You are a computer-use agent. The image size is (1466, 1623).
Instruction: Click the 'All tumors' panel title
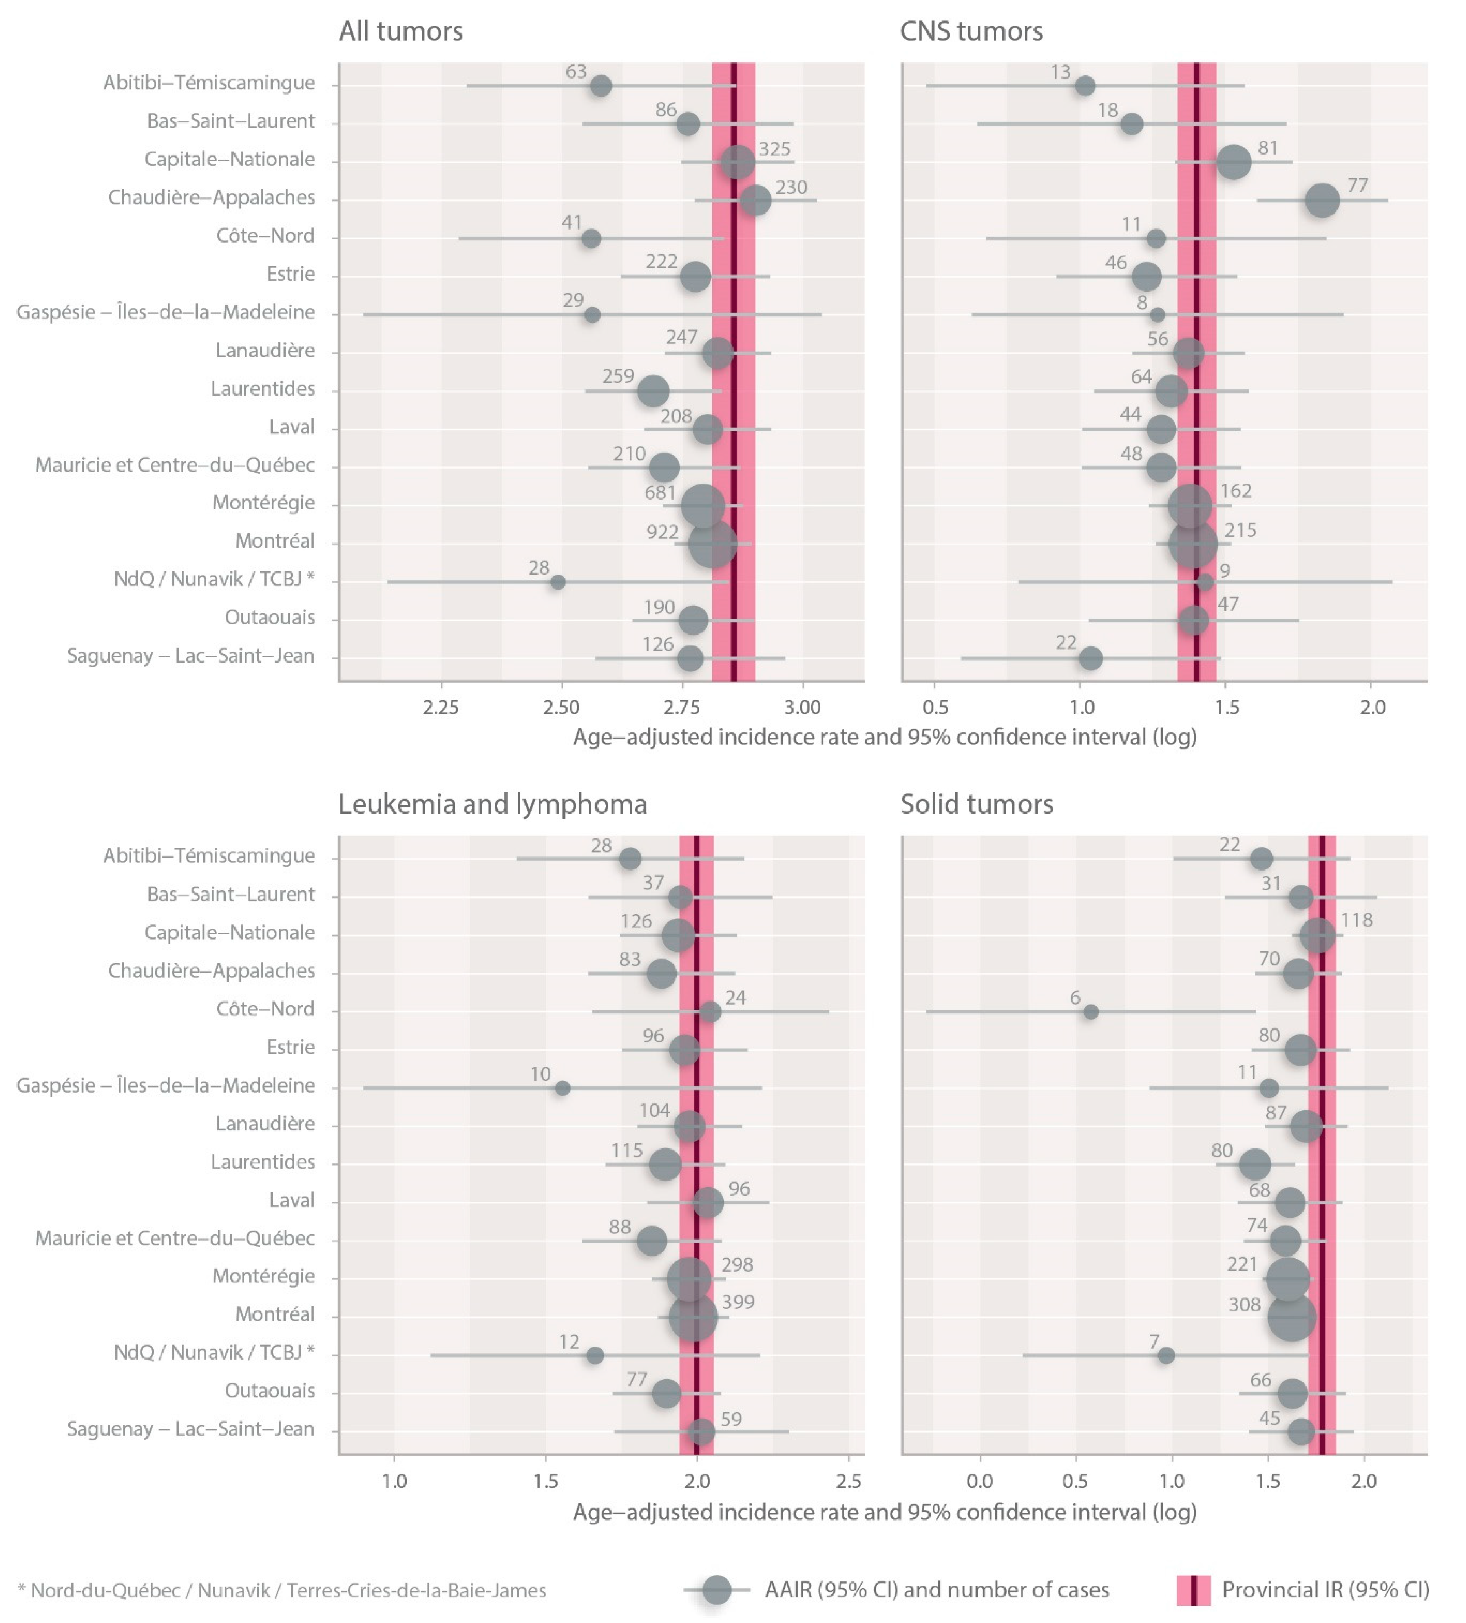click(400, 31)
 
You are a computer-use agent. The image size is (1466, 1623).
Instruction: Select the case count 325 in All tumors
click(774, 149)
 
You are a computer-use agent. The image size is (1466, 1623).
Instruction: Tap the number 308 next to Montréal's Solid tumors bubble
click(1244, 1304)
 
